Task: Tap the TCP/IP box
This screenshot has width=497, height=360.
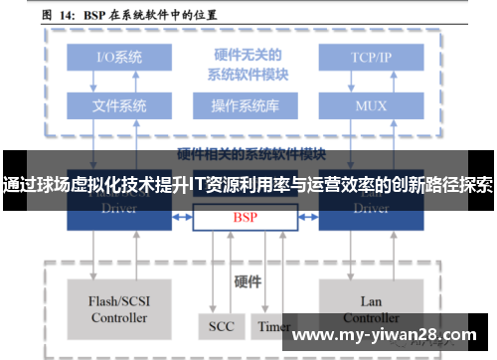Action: (372, 58)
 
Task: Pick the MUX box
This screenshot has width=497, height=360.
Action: (372, 104)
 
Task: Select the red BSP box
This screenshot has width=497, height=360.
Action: (245, 216)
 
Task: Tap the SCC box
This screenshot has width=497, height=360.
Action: (221, 325)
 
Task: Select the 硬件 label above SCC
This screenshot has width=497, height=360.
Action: (246, 280)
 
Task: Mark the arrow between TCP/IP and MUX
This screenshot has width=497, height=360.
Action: (372, 81)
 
